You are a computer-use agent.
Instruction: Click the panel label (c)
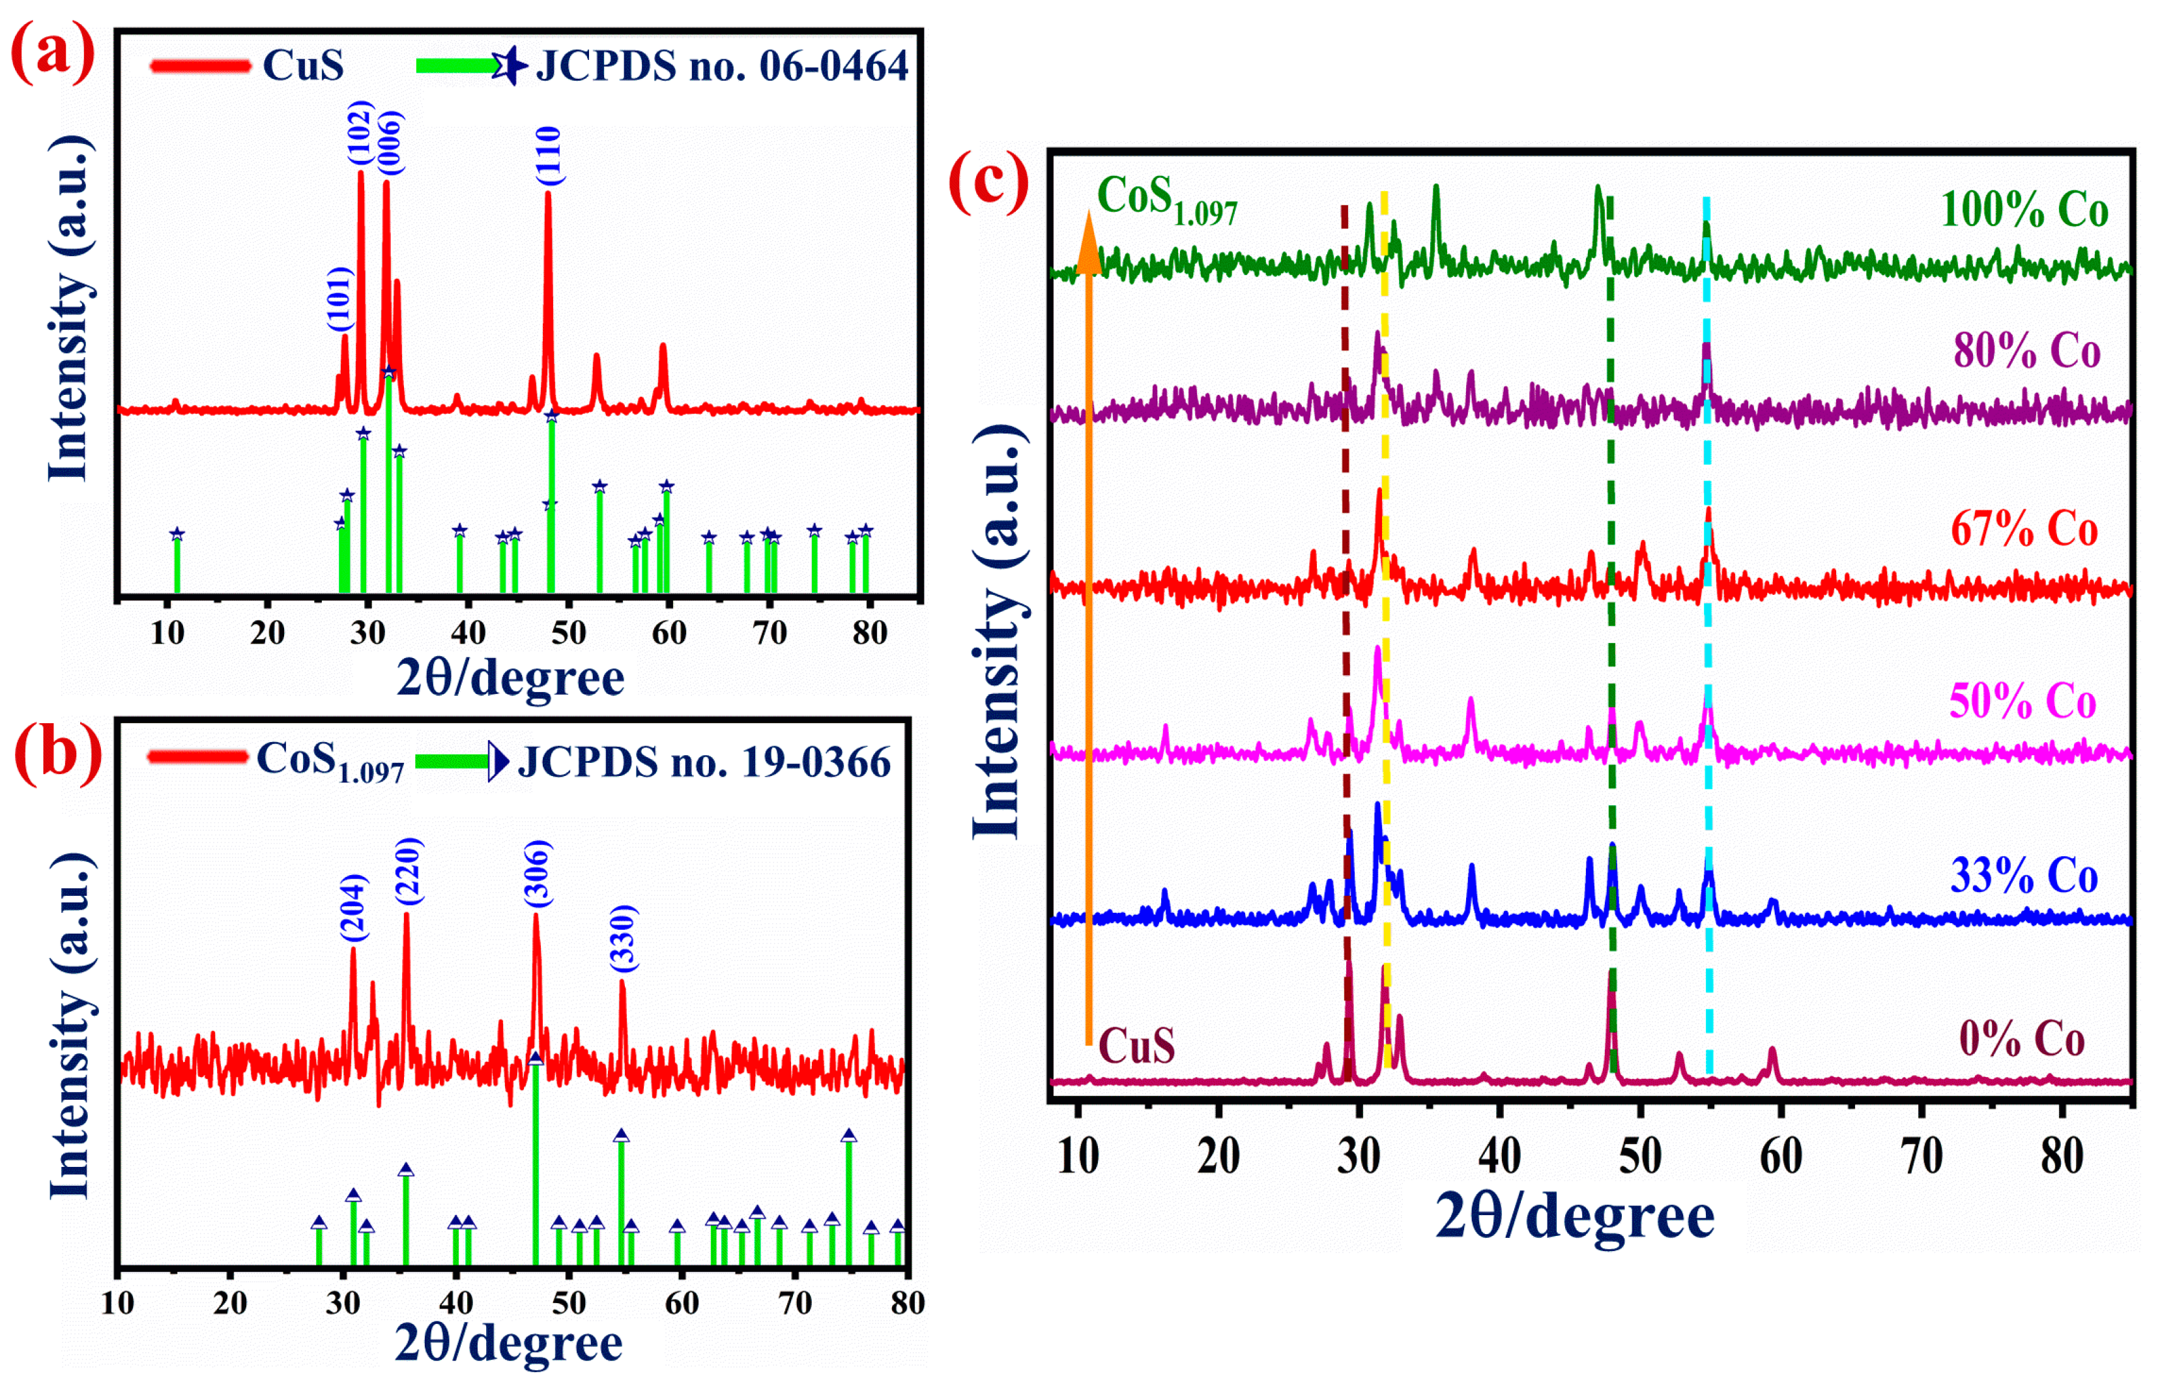coord(988,181)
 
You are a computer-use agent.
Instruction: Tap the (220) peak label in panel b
coord(408,871)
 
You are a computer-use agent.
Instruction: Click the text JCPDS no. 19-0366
coord(704,762)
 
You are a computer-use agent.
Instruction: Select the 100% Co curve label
coord(2024,210)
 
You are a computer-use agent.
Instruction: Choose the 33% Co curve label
coord(2024,876)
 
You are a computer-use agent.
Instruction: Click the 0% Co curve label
coord(2022,1039)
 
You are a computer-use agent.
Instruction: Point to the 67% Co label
coord(2024,528)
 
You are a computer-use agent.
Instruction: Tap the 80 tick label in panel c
coord(2062,1156)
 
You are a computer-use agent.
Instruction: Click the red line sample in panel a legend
coord(200,65)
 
